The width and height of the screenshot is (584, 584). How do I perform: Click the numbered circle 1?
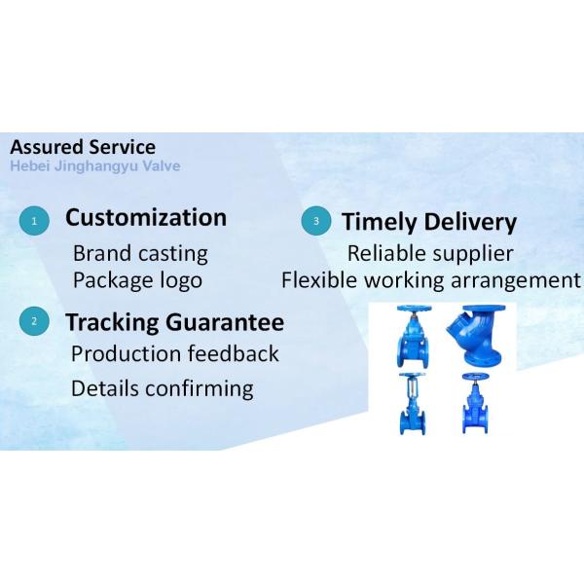click(34, 221)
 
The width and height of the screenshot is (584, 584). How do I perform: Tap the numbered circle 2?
click(34, 322)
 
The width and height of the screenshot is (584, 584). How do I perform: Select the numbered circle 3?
click(314, 221)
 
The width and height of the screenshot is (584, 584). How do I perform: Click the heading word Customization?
click(145, 217)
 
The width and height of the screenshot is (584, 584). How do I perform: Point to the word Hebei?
click(29, 165)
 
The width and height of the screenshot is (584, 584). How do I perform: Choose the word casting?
click(171, 254)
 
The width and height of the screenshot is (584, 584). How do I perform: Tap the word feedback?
click(233, 353)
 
